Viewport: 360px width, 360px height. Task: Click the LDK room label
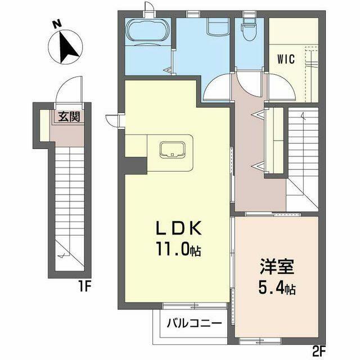pos(179,228)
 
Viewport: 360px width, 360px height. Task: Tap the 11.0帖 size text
pos(179,249)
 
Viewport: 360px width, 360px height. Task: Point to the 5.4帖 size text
pos(277,288)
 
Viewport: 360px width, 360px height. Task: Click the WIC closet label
pos(286,59)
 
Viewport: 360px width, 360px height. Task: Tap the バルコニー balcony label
pos(195,323)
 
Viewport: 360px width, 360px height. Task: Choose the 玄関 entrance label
pos(69,116)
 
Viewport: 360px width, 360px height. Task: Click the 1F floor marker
pos(85,286)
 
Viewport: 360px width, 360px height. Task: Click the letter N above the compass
pos(57,24)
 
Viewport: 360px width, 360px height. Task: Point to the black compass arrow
pos(67,47)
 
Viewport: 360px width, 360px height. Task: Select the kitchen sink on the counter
pos(172,150)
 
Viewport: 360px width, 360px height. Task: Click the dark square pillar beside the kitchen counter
pos(136,166)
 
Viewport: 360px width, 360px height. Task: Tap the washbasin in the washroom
pos(218,27)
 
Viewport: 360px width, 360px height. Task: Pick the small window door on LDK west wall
pos(114,120)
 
